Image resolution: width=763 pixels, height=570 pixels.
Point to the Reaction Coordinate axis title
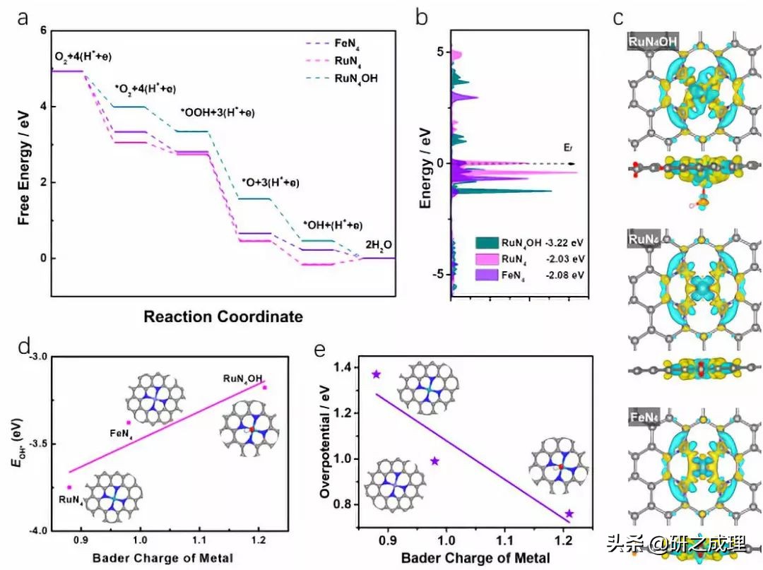(223, 316)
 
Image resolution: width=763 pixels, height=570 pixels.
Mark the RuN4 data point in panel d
(69, 487)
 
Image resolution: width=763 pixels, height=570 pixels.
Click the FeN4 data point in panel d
(128, 422)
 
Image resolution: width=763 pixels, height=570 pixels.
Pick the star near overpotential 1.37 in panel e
(377, 374)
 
